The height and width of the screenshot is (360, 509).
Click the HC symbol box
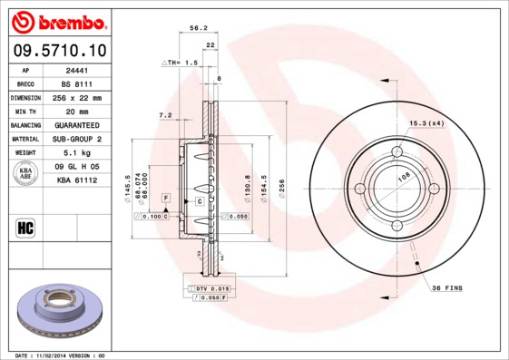[25, 227]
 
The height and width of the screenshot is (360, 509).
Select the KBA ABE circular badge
[26, 174]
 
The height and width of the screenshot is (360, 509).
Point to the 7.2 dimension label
[165, 115]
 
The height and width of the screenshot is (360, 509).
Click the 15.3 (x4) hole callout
[426, 122]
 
